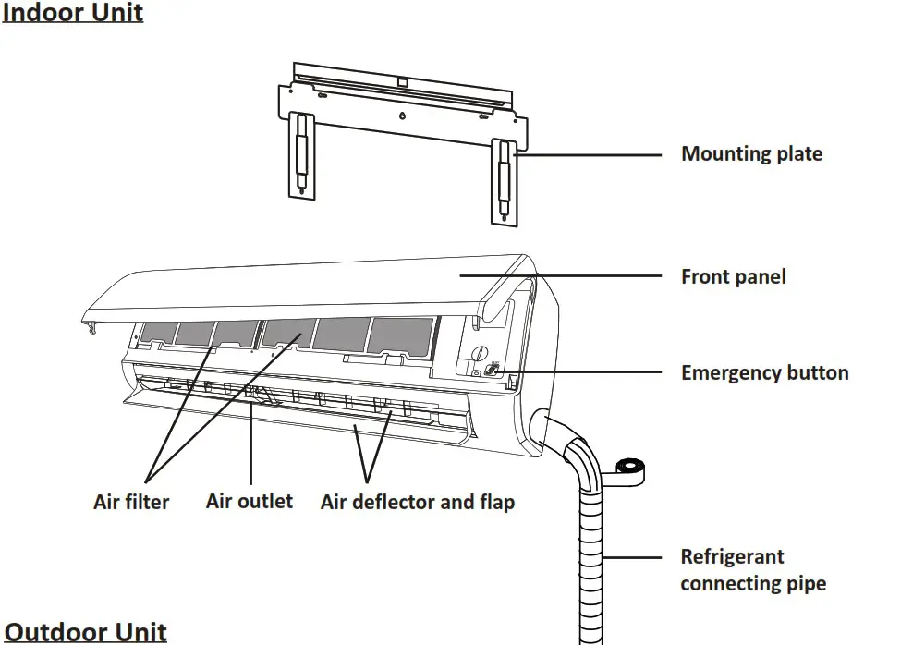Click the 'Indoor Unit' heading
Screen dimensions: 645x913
coord(73,14)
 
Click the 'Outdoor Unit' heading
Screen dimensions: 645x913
coord(85,632)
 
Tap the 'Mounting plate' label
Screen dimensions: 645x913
coord(751,154)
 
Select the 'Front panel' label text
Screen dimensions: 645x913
coord(733,276)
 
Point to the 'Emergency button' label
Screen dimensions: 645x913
coord(764,373)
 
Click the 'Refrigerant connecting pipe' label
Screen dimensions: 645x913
coord(752,570)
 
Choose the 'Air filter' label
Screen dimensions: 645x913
coord(131,503)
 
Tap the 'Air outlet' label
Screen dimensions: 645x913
coord(249,502)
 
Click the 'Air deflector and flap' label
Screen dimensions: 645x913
coord(417,503)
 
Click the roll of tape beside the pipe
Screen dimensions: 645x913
coord(631,469)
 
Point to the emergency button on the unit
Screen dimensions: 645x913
coord(492,370)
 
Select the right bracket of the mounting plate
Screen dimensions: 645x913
coord(505,180)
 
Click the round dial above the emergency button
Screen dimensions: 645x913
coord(479,352)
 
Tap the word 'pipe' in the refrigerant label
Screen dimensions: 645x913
coord(805,584)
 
